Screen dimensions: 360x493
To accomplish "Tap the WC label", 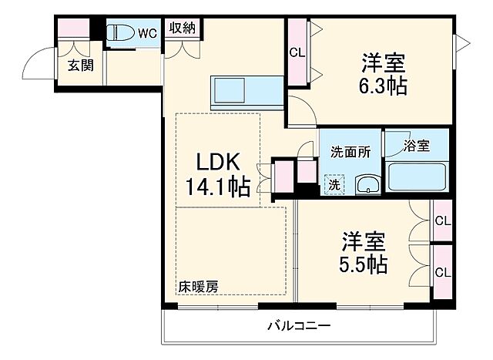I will click(148, 32).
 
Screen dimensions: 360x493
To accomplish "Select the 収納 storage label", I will click(183, 29).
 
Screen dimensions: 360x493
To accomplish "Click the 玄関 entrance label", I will click(80, 66).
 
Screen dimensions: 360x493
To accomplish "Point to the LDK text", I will click(216, 162).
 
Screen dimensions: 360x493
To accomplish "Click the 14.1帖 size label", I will click(216, 187).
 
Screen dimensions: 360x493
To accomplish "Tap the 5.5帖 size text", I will click(363, 264).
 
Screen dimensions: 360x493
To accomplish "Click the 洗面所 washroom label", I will click(350, 152).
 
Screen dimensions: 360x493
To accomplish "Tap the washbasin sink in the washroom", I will click(367, 184).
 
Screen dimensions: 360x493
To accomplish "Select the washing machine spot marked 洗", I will click(334, 185).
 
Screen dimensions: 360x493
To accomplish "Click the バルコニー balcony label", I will click(299, 326).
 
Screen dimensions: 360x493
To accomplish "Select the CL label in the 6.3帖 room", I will click(297, 53).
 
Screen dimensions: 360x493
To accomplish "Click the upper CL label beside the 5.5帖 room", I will click(441, 221).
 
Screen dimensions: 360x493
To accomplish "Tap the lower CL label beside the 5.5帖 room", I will click(441, 272).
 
